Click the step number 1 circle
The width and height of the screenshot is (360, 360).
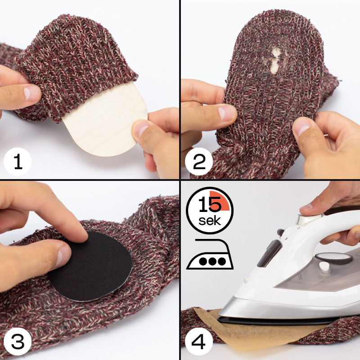18,162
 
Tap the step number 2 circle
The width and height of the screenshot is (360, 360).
199,162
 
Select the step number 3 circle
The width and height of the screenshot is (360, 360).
18,342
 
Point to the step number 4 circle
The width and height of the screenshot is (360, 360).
199,342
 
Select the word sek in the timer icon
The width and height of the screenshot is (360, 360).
210,221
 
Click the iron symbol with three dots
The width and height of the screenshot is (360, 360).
210,254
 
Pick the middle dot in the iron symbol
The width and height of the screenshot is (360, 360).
212,261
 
